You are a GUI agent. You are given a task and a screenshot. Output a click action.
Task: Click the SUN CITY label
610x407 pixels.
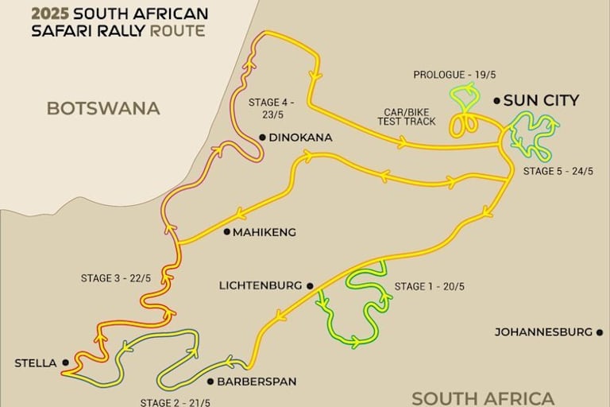[542, 100]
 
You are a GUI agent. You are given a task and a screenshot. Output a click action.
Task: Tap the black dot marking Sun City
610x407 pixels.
[496, 100]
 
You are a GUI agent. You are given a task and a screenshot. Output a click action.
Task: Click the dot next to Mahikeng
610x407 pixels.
[226, 232]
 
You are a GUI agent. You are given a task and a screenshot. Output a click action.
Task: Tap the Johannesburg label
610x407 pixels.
[543, 331]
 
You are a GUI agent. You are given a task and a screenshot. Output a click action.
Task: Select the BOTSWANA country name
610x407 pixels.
[103, 108]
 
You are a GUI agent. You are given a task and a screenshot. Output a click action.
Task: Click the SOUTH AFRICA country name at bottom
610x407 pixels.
[483, 397]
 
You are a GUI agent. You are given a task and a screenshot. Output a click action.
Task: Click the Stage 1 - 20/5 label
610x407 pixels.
[432, 287]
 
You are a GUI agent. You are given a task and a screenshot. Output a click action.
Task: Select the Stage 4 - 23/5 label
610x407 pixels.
[271, 108]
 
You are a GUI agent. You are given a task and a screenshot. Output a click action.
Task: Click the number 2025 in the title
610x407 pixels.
[50, 14]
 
